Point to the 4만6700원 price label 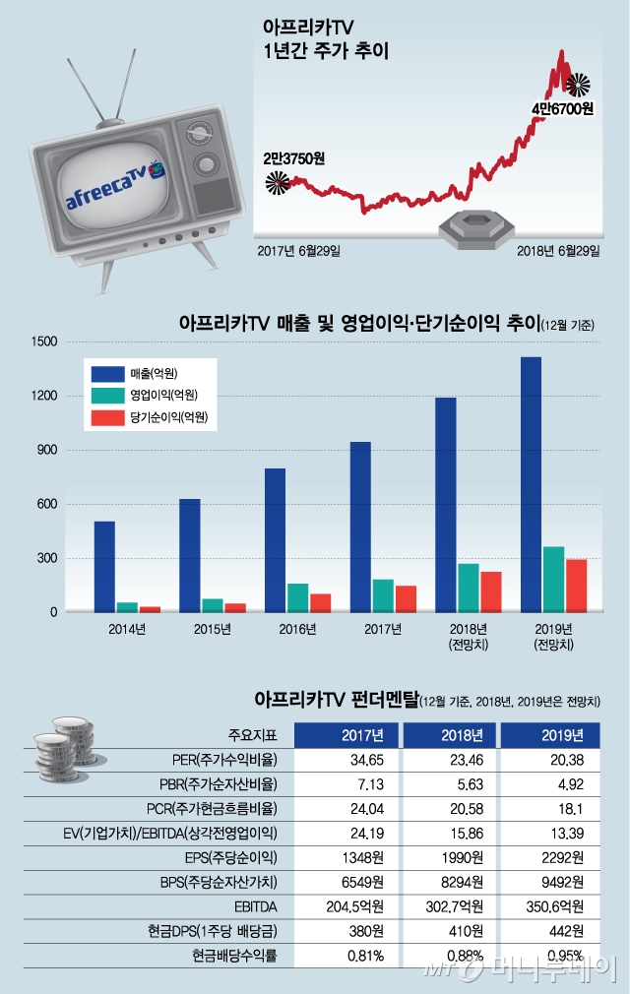coord(563,108)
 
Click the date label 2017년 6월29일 coord(298,251)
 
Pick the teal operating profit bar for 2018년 coord(469,588)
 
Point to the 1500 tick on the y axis coord(46,342)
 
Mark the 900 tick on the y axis coord(49,450)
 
